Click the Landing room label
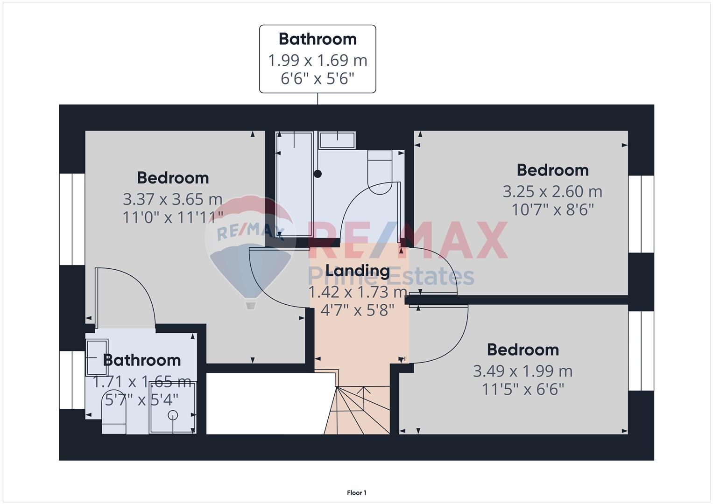(x=358, y=271)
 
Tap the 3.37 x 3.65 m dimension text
(x=172, y=200)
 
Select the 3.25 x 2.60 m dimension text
(x=552, y=191)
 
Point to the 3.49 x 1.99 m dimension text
(x=522, y=371)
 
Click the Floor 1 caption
(x=357, y=493)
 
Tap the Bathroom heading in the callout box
(x=318, y=39)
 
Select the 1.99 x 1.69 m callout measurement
(x=318, y=61)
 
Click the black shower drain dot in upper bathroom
(x=318, y=174)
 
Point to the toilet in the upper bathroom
(x=380, y=172)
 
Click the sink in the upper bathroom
(x=337, y=140)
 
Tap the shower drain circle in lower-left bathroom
(x=173, y=414)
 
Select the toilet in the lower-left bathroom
(x=114, y=412)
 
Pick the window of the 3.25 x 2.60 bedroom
(x=641, y=214)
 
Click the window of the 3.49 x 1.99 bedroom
(x=641, y=350)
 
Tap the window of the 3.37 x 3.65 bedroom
(x=72, y=219)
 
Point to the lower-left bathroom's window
(x=72, y=380)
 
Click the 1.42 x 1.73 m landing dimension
(x=358, y=292)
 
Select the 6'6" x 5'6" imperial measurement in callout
(x=318, y=78)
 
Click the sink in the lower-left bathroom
(x=97, y=357)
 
